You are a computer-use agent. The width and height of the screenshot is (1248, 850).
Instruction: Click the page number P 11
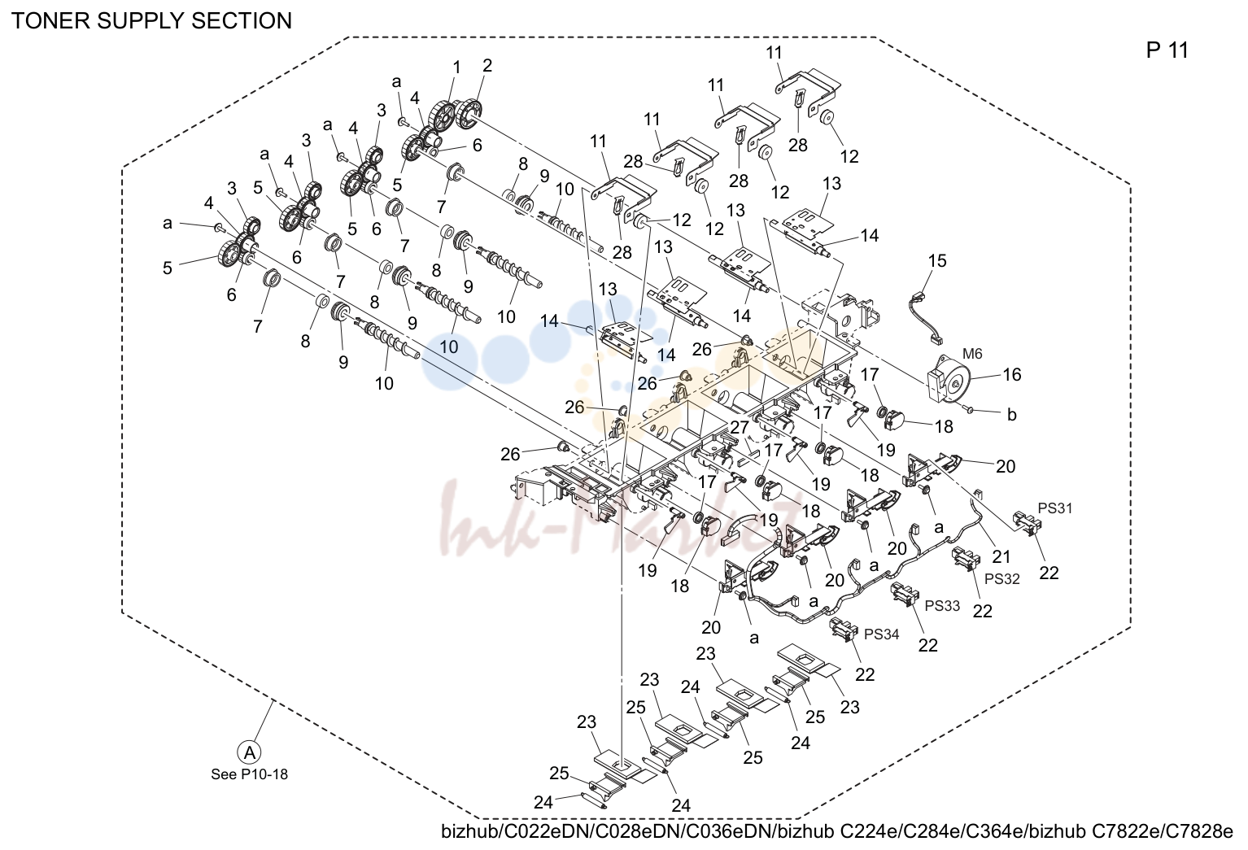coord(1167,50)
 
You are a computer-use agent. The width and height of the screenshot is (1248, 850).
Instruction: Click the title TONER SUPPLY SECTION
coord(151,21)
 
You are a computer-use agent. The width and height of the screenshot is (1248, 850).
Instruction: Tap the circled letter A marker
coord(249,752)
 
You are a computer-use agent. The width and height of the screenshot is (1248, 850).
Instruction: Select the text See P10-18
coord(249,774)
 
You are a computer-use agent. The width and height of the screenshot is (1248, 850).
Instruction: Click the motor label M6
coord(972,354)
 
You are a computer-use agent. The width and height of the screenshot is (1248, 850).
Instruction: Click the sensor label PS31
coord(1054,508)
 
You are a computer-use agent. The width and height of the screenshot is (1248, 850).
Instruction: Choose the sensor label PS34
coord(881,634)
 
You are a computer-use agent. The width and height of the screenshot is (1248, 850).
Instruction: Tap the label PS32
coord(1001,579)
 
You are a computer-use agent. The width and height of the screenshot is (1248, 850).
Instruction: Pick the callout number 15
coord(937,260)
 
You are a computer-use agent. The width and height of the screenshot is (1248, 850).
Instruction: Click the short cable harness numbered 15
coord(925,317)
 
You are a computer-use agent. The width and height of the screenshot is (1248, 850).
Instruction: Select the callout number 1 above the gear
coord(457,68)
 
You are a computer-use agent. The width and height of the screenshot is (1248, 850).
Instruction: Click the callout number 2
coord(487,66)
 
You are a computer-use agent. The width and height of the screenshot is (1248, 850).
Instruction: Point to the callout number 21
coord(1001,556)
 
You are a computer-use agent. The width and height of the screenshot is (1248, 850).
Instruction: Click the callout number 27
coord(740,427)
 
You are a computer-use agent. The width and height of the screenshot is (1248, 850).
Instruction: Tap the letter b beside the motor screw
coord(1012,415)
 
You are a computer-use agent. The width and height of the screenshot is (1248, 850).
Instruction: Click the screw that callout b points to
coord(970,410)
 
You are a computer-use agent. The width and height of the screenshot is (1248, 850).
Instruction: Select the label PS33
coord(942,605)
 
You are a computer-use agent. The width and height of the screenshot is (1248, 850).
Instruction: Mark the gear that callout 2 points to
coord(469,113)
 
